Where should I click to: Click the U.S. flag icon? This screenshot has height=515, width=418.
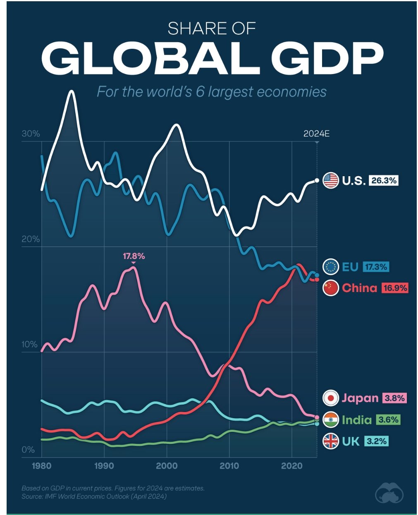(331, 180)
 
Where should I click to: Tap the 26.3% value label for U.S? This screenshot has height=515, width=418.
(384, 180)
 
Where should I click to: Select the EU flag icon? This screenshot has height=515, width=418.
(331, 267)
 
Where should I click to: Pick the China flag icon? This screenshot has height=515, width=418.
(331, 288)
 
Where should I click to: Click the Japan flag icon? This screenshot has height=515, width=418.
(331, 398)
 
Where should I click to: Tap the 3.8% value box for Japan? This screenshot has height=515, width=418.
(394, 398)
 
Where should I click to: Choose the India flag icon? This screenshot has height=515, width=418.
(331, 420)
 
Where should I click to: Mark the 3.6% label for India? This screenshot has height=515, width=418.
(388, 420)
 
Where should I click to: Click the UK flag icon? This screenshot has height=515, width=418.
(331, 441)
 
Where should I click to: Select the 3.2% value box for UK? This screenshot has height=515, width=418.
(376, 441)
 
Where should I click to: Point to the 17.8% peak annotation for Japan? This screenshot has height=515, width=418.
(134, 256)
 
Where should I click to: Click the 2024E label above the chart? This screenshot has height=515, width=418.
(316, 134)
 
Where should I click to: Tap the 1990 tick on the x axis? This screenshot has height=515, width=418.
(104, 466)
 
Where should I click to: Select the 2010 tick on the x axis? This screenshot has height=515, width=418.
(229, 466)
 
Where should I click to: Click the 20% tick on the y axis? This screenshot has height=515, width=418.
(31, 239)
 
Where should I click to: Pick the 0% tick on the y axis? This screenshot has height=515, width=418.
(28, 450)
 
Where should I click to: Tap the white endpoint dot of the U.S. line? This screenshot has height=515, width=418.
(317, 180)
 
